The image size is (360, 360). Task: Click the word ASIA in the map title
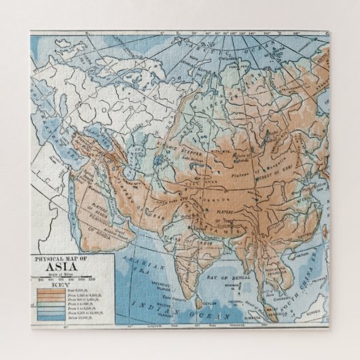point(71,267)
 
